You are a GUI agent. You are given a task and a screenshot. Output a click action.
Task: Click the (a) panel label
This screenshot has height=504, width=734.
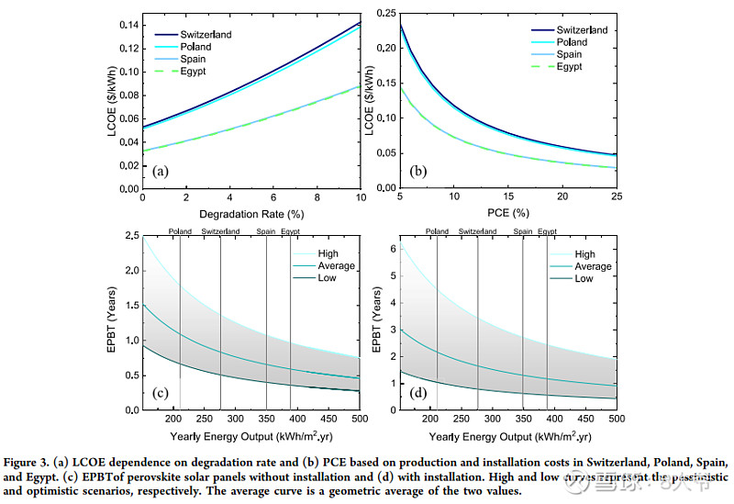(x=161, y=171)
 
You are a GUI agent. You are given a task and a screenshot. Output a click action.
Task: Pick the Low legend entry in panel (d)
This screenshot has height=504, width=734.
(x=584, y=278)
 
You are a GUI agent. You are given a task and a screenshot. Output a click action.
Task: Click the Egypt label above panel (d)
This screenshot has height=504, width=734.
(x=547, y=231)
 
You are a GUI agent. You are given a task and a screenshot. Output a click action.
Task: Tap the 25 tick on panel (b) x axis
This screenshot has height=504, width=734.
(x=617, y=197)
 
